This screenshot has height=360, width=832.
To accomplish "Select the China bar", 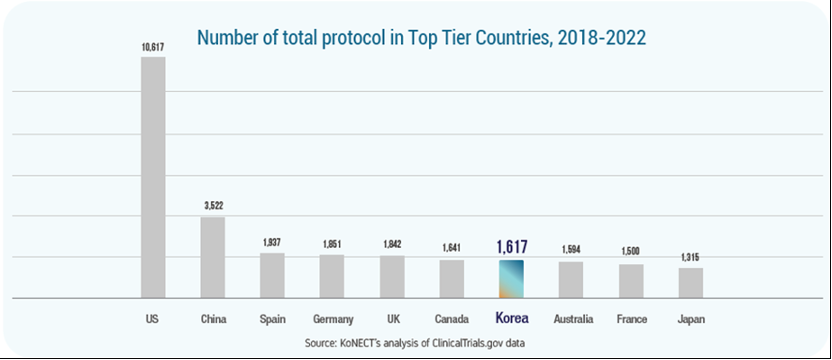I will click(x=212, y=257).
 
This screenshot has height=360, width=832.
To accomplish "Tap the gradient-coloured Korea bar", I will click(x=511, y=279).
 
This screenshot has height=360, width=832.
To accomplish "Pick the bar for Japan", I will click(x=690, y=283).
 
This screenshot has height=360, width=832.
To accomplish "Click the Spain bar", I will click(x=272, y=275).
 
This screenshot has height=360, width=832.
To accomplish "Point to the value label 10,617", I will click(x=153, y=46).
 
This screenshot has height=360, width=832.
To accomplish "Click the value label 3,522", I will click(x=212, y=206).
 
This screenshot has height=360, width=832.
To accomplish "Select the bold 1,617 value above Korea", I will click(x=511, y=246).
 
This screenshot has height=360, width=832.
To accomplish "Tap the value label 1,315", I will click(x=690, y=257).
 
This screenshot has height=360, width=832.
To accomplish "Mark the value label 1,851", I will click(x=332, y=243).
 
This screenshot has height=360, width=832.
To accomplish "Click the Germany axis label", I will click(x=332, y=319).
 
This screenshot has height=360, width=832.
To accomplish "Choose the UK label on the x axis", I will click(x=392, y=319).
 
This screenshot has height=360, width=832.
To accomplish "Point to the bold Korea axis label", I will click(x=511, y=319).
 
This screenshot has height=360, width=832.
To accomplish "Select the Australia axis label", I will click(x=571, y=319).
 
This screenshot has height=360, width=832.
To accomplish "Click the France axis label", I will click(x=631, y=319).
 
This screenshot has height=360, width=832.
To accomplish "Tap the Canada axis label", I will click(x=452, y=319).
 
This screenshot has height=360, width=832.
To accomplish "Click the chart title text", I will click(x=421, y=38).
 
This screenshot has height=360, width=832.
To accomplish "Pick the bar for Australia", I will click(x=571, y=280).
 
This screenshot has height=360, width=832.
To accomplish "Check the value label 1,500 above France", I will click(x=631, y=253).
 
